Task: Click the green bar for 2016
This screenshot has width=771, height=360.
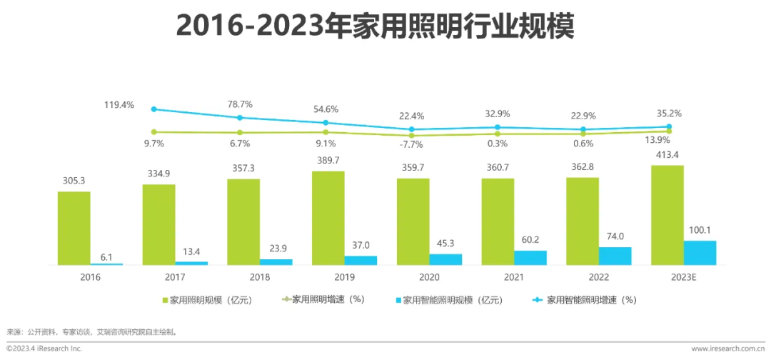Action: click(x=74, y=228)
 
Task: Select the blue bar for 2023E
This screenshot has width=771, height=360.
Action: click(x=700, y=253)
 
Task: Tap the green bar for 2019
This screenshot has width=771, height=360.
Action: click(x=328, y=218)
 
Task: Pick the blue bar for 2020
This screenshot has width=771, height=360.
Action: click(x=445, y=259)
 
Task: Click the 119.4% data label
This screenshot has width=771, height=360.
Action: click(x=119, y=104)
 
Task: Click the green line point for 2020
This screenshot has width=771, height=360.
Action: click(x=411, y=135)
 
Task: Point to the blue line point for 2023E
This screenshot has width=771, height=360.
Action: click(x=669, y=126)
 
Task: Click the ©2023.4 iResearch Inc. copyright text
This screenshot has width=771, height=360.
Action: click(x=44, y=349)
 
